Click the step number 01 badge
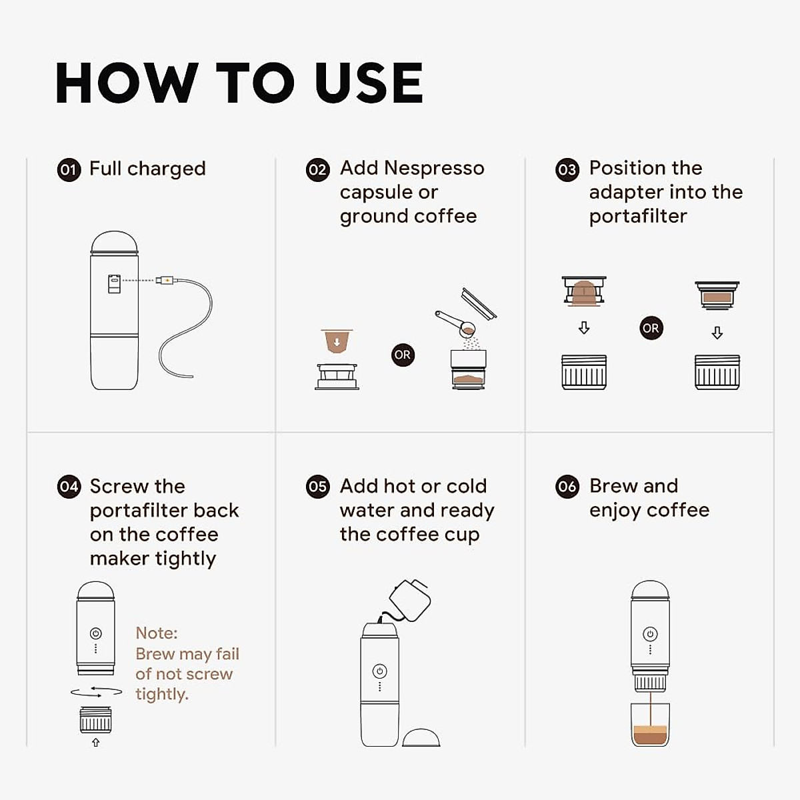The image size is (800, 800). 69,169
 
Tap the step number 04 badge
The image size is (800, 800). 69,487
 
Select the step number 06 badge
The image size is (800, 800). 567,487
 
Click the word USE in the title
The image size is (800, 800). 369,84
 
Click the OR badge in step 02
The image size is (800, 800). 402,355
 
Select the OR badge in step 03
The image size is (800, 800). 651,328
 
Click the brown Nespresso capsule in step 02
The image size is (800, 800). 337,341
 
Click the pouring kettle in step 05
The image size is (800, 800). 409,598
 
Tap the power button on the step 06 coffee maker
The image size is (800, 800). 650,633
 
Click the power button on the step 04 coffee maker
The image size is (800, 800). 95,633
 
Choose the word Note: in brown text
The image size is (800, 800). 157,633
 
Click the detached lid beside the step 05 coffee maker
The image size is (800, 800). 421,737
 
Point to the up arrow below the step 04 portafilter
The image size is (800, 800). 95,742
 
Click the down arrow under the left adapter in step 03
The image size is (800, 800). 584,328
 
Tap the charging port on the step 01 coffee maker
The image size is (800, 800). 114,283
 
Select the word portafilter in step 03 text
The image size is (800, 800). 637,216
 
